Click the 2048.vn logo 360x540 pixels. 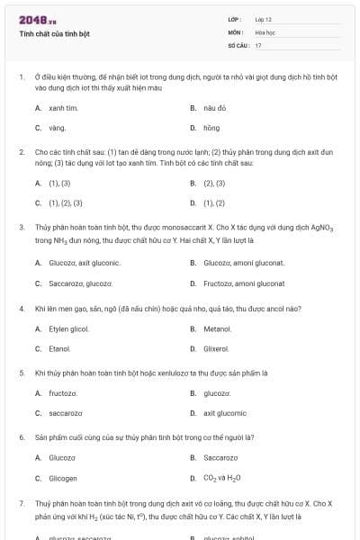tap(37, 19)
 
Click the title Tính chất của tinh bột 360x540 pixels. tap(54, 34)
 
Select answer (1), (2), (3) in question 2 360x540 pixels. tap(65, 202)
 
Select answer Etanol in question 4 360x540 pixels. tap(59, 348)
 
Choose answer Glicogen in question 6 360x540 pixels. tap(62, 478)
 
